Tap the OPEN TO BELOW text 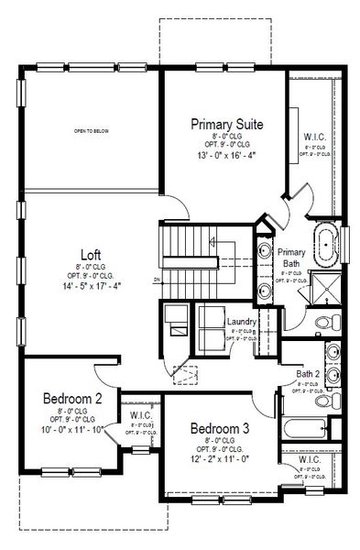pos(92,131)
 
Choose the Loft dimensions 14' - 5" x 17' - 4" pos(90,287)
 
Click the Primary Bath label pos(290,258)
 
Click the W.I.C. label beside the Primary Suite pos(314,136)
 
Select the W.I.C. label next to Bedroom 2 pos(140,414)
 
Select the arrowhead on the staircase pos(211,243)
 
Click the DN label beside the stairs pos(157,280)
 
